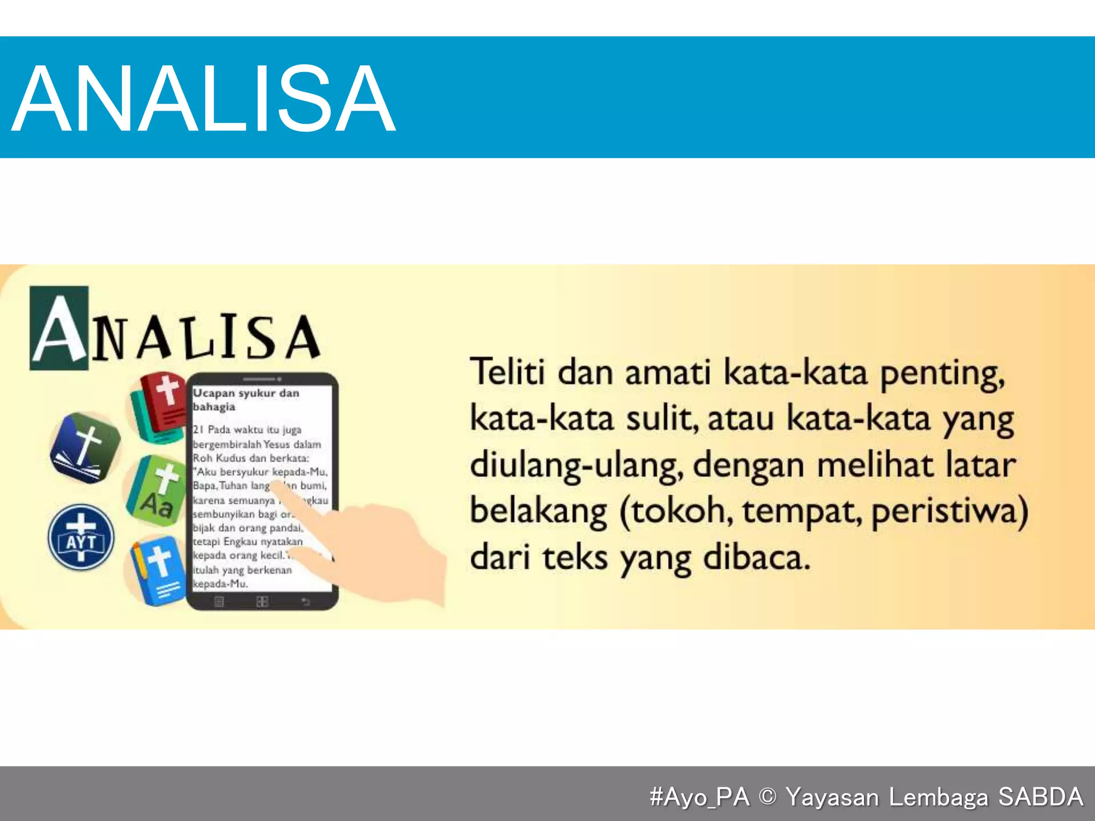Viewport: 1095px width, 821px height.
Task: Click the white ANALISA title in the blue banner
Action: tap(203, 97)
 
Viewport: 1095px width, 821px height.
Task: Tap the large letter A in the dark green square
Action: tap(59, 329)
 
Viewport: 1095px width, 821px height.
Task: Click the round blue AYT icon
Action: tap(81, 537)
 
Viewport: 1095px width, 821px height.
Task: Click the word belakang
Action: tap(538, 512)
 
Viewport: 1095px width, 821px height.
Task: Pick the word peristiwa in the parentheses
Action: tap(946, 512)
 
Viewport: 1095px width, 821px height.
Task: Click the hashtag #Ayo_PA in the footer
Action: tap(699, 796)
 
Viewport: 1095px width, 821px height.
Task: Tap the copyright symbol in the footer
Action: tap(767, 796)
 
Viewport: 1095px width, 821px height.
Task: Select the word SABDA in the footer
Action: tap(1040, 796)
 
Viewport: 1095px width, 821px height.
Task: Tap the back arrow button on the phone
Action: tap(305, 602)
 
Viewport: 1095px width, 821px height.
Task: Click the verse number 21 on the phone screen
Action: tap(198, 430)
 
